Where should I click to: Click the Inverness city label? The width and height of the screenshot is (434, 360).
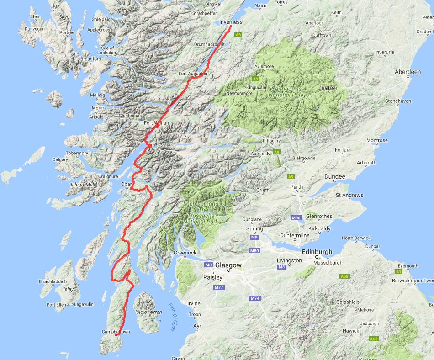(231, 22)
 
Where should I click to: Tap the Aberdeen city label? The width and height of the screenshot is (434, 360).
(408, 72)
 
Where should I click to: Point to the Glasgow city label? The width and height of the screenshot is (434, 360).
(228, 265)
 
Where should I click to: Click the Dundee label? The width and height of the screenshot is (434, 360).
(334, 176)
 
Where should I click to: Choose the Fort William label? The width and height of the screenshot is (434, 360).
(157, 123)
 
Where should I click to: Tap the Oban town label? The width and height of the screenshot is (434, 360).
(126, 185)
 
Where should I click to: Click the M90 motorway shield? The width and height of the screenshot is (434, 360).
(296, 218)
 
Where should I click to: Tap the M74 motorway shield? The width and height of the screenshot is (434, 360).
(255, 298)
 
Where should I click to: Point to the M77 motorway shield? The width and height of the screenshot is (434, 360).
(219, 287)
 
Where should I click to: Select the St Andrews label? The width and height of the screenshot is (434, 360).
(349, 196)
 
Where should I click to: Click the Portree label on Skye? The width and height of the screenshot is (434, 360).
(66, 32)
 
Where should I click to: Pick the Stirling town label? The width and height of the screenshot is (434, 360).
(254, 228)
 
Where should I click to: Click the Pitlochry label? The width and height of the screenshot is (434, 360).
(271, 141)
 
